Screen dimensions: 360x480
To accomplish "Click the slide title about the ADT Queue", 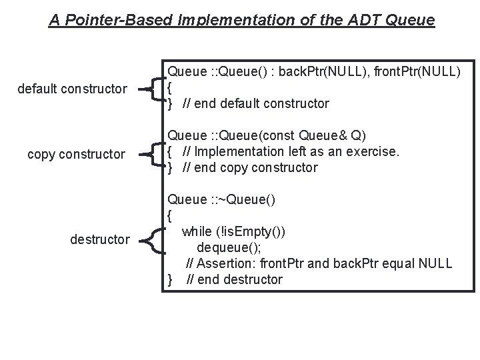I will tap(241, 20).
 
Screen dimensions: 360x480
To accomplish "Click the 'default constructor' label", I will tap(72, 88).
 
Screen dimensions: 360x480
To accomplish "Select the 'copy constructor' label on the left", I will tap(76, 154).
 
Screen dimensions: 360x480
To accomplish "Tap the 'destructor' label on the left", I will tap(100, 238).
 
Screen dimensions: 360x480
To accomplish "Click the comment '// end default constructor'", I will tap(256, 103).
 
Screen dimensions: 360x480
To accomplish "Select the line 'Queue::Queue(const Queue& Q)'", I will tap(267, 135).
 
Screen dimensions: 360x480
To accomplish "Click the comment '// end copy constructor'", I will tap(251, 167).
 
